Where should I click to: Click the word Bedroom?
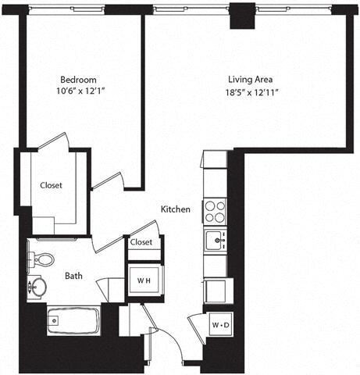point(78,80)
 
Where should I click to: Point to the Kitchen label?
point(176,209)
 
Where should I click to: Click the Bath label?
point(73,275)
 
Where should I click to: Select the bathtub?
point(70,320)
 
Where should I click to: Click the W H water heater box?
point(144,280)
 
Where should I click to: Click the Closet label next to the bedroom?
point(52,185)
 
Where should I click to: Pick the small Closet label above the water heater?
point(141,243)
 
